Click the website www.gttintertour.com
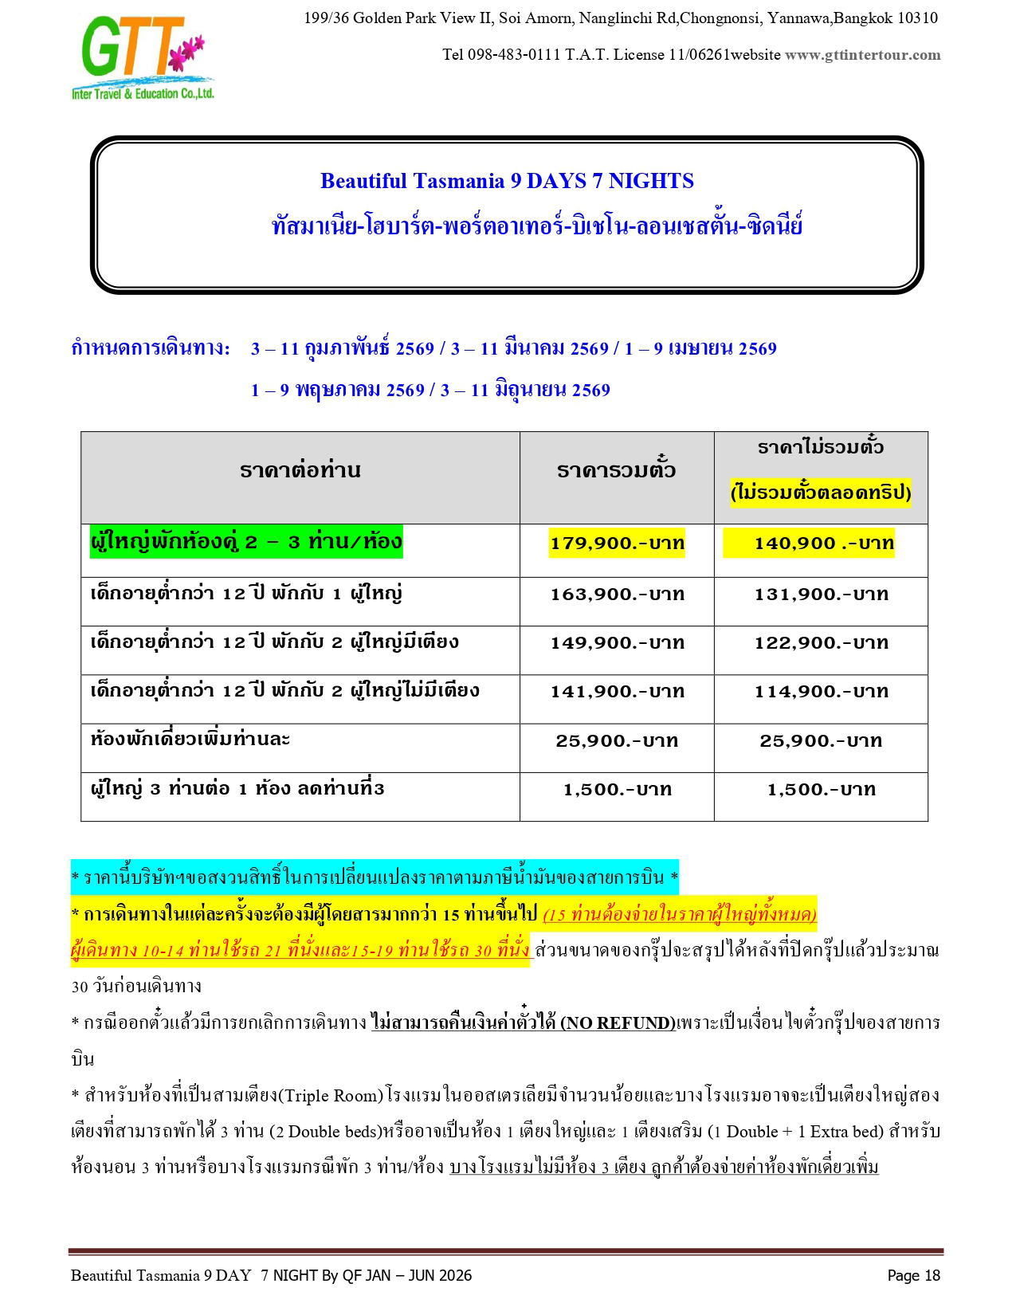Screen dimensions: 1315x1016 862,55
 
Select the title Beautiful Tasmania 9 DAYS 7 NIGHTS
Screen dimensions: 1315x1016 507,181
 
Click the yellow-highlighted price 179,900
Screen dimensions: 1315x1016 616,544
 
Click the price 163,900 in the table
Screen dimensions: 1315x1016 616,595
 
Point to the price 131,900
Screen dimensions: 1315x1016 821,595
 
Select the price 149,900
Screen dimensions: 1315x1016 616,643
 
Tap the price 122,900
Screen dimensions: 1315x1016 821,643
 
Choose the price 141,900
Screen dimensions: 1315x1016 616,692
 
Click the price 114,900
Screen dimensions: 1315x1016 821,692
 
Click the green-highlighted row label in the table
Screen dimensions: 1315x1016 245,542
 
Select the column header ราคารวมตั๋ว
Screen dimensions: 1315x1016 616,470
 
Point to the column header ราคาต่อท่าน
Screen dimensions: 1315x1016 300,470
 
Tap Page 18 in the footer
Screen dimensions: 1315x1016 913,1276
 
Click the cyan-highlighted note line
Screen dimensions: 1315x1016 375,877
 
